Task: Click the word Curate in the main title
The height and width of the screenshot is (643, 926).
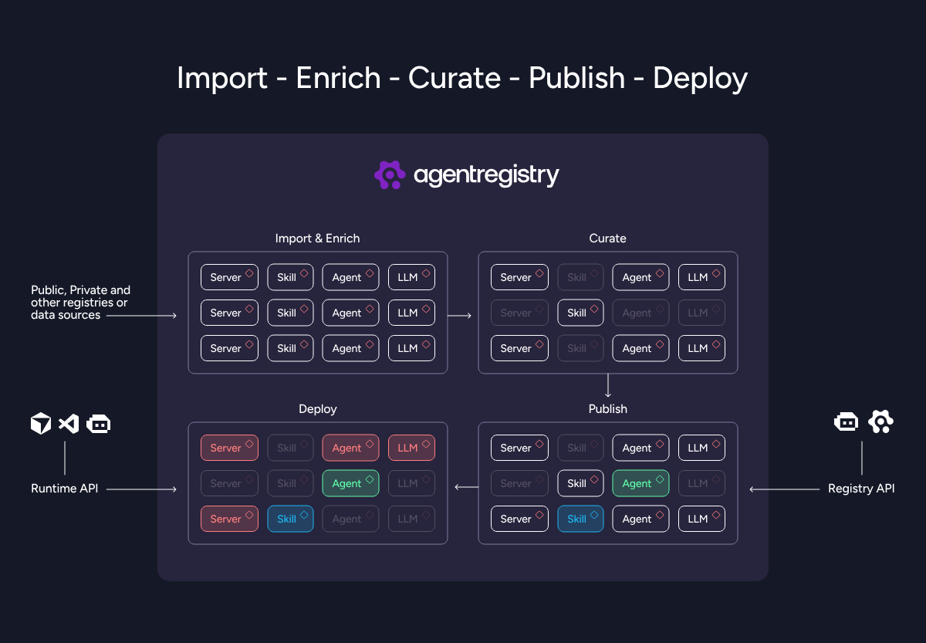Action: click(x=455, y=78)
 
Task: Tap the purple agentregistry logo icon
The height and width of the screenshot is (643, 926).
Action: click(x=390, y=174)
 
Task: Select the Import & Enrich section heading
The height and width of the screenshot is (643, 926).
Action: click(x=317, y=239)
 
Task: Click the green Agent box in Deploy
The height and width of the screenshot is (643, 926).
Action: click(x=350, y=483)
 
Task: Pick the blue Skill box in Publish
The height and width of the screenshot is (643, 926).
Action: click(x=580, y=519)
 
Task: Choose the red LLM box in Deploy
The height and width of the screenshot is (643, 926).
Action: click(x=411, y=448)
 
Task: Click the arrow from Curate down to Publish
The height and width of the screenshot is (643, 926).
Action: click(x=608, y=385)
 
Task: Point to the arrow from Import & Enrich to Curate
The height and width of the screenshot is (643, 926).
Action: click(x=459, y=316)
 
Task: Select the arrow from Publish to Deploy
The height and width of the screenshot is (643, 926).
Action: click(x=467, y=487)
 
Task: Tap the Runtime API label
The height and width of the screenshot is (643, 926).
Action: click(x=65, y=489)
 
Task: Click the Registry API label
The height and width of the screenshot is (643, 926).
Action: click(x=861, y=489)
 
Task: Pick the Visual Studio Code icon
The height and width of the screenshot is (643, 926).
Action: click(x=69, y=424)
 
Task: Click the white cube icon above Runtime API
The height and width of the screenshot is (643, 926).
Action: click(x=41, y=423)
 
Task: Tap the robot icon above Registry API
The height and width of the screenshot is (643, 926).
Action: click(x=846, y=421)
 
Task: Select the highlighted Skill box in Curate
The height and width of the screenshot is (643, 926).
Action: click(x=580, y=313)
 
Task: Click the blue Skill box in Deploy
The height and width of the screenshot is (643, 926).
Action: click(x=290, y=519)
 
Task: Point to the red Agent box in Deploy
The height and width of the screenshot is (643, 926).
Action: click(x=350, y=448)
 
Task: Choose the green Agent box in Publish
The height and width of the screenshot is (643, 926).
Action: click(x=640, y=483)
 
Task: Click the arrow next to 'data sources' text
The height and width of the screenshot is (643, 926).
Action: click(x=141, y=316)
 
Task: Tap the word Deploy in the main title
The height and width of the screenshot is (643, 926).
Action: click(x=701, y=79)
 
